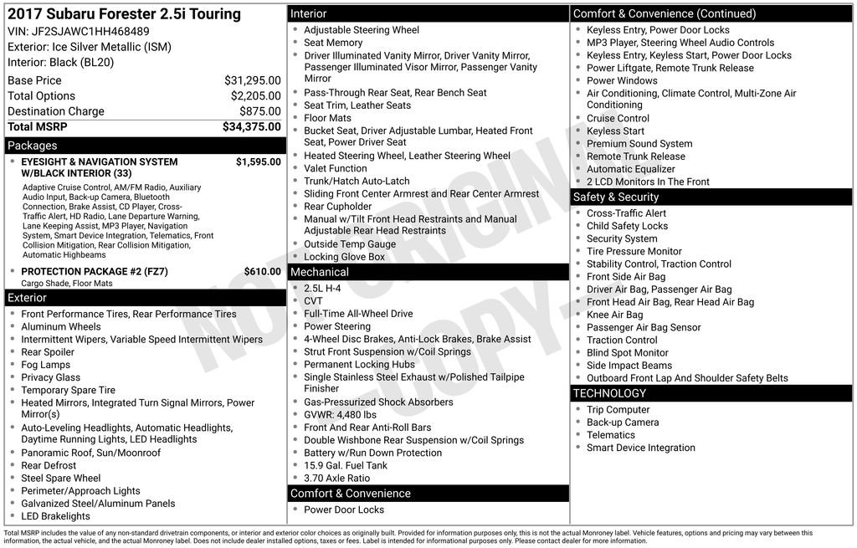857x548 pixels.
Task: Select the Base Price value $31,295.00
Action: pyautogui.click(x=252, y=80)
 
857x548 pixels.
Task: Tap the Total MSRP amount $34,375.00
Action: pyautogui.click(x=251, y=126)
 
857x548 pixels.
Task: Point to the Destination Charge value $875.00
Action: pyautogui.click(x=259, y=111)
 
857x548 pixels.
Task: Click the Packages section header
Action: pyautogui.click(x=33, y=146)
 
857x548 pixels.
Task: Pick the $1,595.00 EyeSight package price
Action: pyautogui.click(x=258, y=161)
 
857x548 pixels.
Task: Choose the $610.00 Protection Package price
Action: pyautogui.click(x=262, y=271)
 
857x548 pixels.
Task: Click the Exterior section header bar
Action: pyautogui.click(x=28, y=298)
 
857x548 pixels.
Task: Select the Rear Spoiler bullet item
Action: pyautogui.click(x=48, y=352)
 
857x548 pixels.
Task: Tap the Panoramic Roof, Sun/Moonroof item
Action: pyautogui.click(x=90, y=453)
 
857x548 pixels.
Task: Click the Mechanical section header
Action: pyautogui.click(x=319, y=272)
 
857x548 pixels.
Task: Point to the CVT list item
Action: pyautogui.click(x=313, y=301)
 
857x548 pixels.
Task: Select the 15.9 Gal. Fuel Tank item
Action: pyautogui.click(x=346, y=465)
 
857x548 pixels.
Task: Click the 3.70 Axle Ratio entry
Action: pyautogui.click(x=336, y=479)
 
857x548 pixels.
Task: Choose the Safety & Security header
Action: pyautogui.click(x=616, y=197)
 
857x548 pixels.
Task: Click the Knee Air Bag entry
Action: pyautogui.click(x=614, y=315)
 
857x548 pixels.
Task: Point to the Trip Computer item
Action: pyautogui.click(x=618, y=410)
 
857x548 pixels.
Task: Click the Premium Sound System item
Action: pyautogui.click(x=639, y=144)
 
